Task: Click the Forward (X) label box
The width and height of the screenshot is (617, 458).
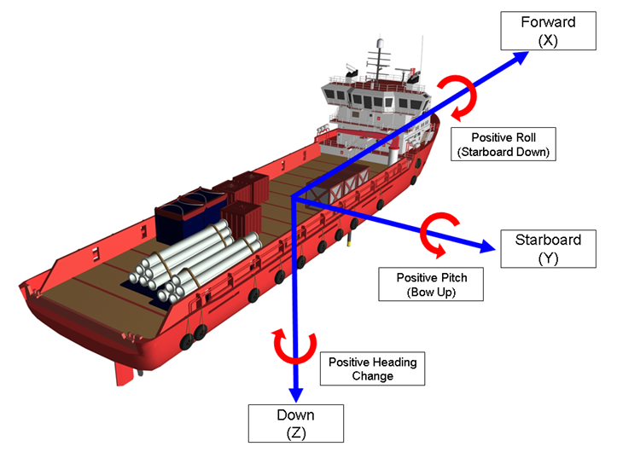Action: [x=548, y=30]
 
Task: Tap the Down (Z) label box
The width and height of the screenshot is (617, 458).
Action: [x=295, y=423]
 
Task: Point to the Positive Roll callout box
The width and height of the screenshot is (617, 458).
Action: [x=502, y=144]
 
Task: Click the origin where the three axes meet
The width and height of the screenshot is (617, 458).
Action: [x=295, y=200]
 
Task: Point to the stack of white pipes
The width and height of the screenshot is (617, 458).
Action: [x=196, y=260]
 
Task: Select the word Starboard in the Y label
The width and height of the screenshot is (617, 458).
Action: [x=547, y=240]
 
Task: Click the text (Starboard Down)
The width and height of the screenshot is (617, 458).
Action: [x=502, y=153]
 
